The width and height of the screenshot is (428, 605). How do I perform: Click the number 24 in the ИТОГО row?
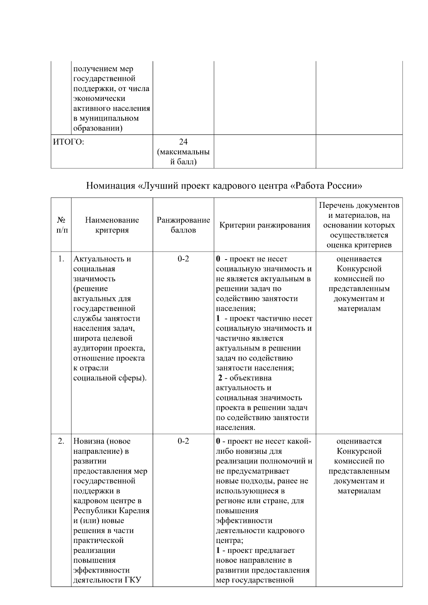pyautogui.click(x=183, y=142)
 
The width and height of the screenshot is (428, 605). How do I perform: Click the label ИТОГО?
pyautogui.click(x=68, y=142)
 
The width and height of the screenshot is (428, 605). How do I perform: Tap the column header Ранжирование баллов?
pyautogui.click(x=183, y=225)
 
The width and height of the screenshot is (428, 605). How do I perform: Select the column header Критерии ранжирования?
pyautogui.click(x=265, y=225)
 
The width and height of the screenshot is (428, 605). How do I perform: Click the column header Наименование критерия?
pyautogui.click(x=112, y=225)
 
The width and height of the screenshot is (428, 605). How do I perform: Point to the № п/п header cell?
pyautogui.click(x=61, y=225)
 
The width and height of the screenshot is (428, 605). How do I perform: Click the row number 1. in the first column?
pyautogui.click(x=61, y=259)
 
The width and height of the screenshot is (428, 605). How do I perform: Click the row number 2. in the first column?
pyautogui.click(x=61, y=441)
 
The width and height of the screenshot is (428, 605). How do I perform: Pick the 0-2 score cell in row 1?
pyautogui.click(x=183, y=259)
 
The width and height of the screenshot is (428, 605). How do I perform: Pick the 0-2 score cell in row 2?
pyautogui.click(x=183, y=441)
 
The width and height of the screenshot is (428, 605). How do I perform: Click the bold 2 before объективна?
pyautogui.click(x=220, y=378)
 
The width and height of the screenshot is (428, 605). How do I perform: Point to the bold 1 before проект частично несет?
pyautogui.click(x=218, y=318)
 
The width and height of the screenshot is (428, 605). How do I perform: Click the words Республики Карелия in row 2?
pyautogui.click(x=111, y=511)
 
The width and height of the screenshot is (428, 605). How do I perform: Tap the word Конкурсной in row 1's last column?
pyautogui.click(x=359, y=269)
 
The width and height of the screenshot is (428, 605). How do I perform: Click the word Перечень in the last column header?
pyautogui.click(x=336, y=206)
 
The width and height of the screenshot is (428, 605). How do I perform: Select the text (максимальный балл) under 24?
pyautogui.click(x=183, y=157)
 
